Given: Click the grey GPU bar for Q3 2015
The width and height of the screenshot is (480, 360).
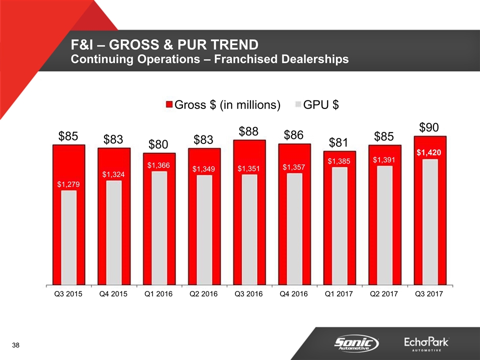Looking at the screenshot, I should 68,237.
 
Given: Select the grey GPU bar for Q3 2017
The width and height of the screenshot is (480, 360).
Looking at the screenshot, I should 429,222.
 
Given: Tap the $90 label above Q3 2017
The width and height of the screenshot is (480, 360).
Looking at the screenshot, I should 429,127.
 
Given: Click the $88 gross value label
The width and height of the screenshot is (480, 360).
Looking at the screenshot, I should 248,131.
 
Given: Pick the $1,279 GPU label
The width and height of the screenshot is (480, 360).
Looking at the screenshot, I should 68,184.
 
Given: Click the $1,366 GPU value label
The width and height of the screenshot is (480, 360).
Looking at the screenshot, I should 159,165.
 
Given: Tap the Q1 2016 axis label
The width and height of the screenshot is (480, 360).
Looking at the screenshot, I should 159,294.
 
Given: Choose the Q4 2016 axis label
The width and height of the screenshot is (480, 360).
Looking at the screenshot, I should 294,294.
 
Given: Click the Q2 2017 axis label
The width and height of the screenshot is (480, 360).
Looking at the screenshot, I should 384,294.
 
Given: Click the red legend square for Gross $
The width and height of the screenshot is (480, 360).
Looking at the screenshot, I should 169,104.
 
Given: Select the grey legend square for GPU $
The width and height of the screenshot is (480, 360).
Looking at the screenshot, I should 299,104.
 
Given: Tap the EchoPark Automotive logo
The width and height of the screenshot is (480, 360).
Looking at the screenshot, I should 426,343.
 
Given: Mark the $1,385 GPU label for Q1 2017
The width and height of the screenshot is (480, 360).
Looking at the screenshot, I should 339,161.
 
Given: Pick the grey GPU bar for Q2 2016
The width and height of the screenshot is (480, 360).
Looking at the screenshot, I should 203,230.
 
